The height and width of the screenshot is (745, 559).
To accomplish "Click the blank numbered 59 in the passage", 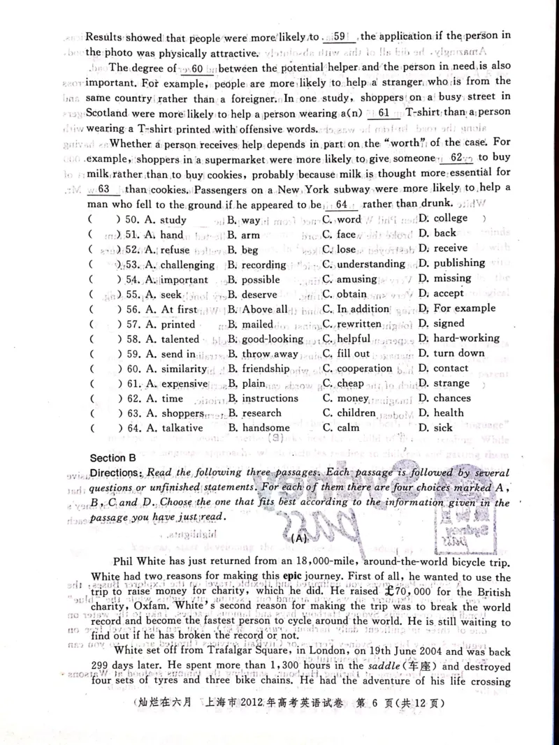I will click(340, 36).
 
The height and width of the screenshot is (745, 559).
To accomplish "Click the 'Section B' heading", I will click(113, 458).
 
